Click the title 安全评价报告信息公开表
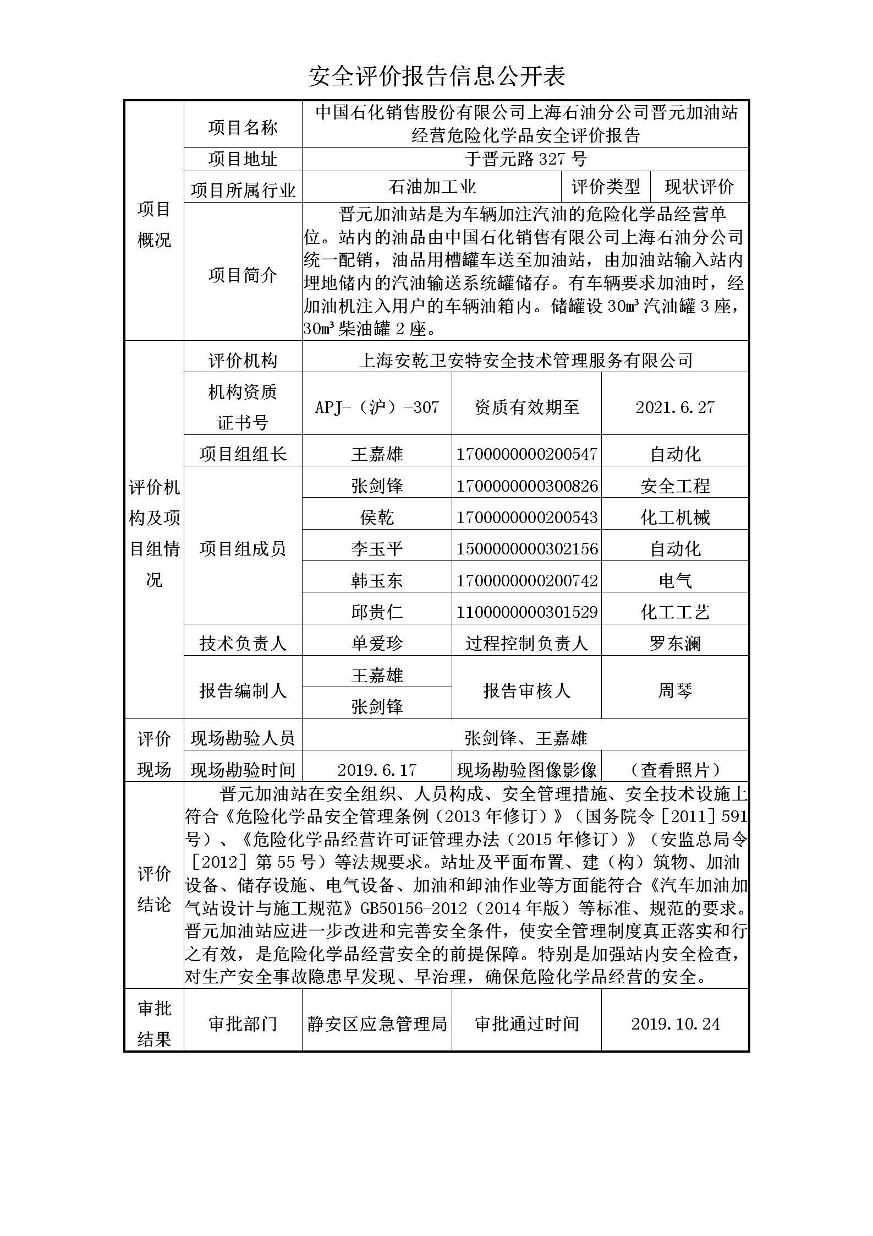click(436, 77)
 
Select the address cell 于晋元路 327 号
click(525, 159)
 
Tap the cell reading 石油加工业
click(432, 187)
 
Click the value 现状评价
click(699, 187)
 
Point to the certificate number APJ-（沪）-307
click(377, 407)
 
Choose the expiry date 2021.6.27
click(674, 407)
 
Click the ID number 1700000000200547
click(526, 454)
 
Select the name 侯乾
click(377, 518)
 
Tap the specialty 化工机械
click(675, 518)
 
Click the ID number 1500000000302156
click(526, 549)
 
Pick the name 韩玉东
click(377, 580)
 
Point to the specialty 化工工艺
click(675, 612)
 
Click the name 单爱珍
click(377, 643)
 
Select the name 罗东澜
click(675, 643)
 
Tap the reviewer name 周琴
click(675, 690)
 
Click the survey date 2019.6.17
click(377, 769)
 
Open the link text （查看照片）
click(675, 769)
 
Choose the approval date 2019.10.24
click(675, 1023)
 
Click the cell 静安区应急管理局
click(377, 1023)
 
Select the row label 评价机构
click(243, 361)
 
